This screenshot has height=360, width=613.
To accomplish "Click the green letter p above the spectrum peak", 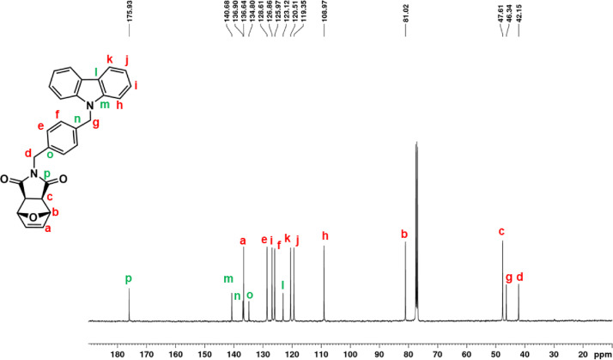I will click(x=129, y=278).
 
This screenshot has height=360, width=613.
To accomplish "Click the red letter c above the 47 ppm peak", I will click(x=502, y=231).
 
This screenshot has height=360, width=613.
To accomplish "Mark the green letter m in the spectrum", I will click(x=228, y=278).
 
